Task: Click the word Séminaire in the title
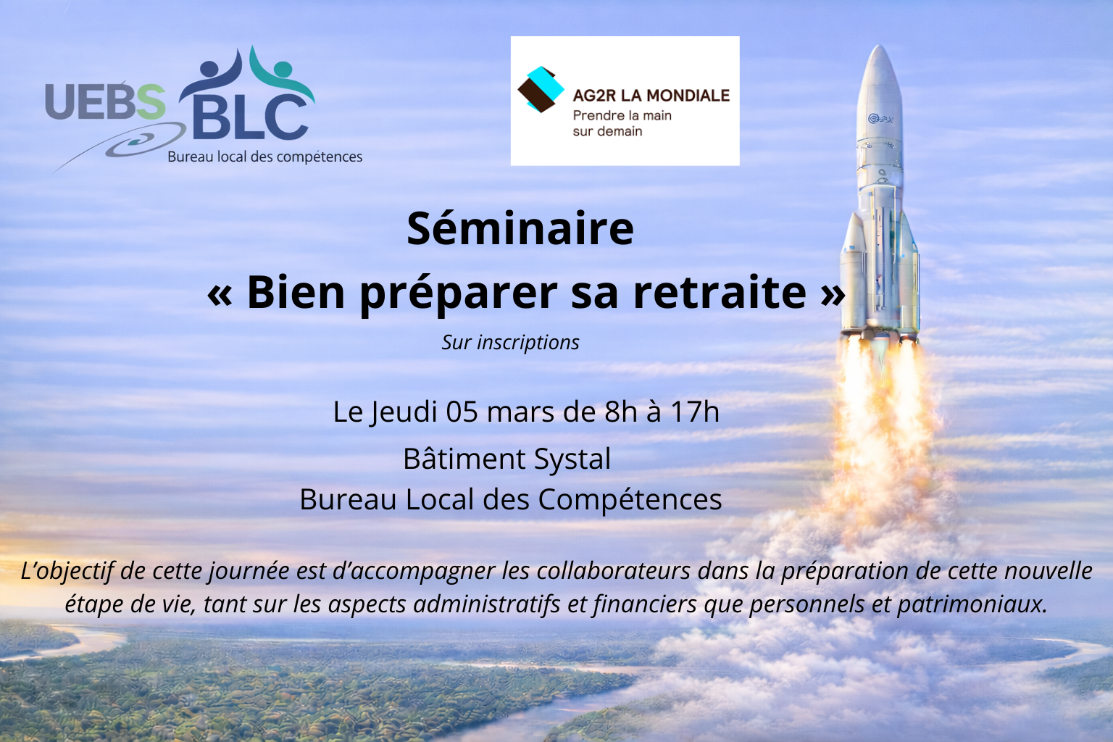[x=520, y=228]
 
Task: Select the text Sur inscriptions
[x=510, y=343]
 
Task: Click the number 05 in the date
[x=462, y=412]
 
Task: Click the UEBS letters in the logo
[x=105, y=101]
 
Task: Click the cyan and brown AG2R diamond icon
[x=541, y=89]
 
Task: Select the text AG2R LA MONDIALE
[x=651, y=96]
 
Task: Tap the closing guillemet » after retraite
[x=833, y=294]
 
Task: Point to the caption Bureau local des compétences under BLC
[x=264, y=157]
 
